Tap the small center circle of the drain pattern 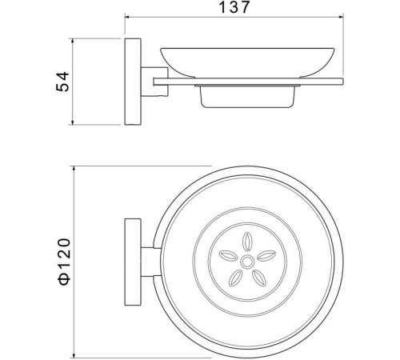246,261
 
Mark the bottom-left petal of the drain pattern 236,276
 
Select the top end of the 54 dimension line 74,38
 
